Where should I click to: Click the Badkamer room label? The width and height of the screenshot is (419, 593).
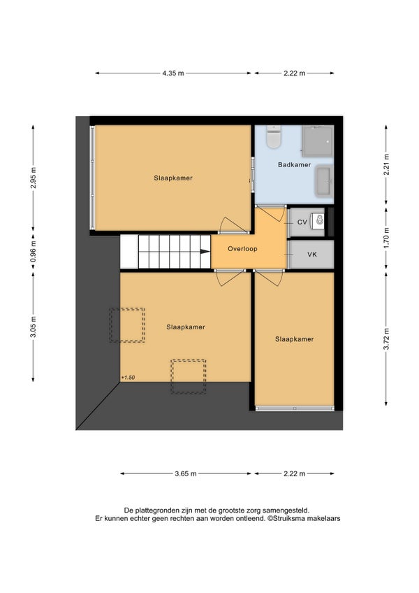294,164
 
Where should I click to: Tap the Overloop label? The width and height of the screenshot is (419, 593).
242,249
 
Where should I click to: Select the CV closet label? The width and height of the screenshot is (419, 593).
302,222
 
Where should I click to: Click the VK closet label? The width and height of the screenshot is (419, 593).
312,255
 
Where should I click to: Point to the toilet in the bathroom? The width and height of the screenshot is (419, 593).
274,136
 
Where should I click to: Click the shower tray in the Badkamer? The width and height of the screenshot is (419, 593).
317,141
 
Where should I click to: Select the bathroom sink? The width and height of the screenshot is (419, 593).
323,181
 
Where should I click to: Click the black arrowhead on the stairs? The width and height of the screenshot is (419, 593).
205,252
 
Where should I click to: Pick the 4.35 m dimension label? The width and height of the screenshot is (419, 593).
173,73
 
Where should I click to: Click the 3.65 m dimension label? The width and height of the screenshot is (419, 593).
186,473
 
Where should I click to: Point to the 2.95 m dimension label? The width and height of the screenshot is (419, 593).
34,178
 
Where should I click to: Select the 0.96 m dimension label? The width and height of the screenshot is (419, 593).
34,252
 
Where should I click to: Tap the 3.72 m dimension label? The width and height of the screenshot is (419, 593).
386,339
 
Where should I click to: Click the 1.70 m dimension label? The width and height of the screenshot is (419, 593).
386,238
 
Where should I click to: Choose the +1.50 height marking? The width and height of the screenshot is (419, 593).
128,378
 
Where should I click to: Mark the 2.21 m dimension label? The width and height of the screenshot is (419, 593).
386,164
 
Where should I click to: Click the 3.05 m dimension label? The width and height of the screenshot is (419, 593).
34,327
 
